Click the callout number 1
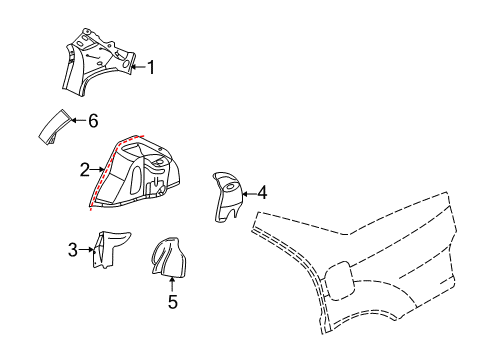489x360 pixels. point(151,68)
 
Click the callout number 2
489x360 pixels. point(85,169)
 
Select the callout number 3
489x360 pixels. point(73,249)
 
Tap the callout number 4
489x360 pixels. point(262,192)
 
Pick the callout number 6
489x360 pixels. point(93,120)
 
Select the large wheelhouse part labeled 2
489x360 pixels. point(140,175)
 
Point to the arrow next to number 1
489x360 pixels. point(138,68)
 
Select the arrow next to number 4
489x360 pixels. point(248,192)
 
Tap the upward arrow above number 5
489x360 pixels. point(171,282)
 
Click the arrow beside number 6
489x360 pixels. point(79,120)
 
